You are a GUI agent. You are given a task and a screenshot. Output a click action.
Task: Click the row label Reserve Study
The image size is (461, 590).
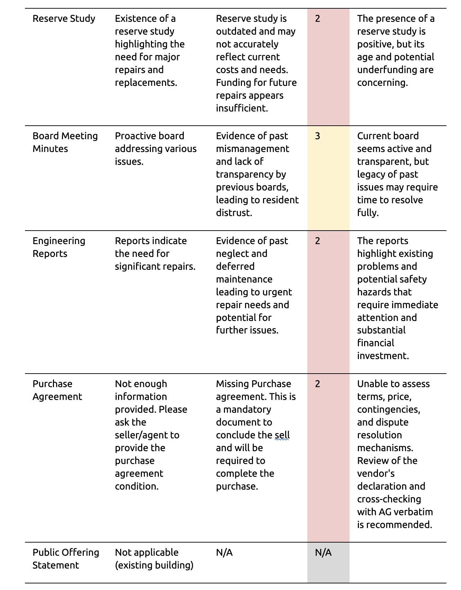64,18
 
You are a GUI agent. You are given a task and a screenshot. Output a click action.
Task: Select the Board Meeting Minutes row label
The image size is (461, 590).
65,142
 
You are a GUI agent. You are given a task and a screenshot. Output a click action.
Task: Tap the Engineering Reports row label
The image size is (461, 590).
59,247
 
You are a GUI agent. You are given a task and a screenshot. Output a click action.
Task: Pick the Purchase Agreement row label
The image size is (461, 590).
57,390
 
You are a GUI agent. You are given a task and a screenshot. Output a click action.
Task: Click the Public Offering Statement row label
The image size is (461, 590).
66,558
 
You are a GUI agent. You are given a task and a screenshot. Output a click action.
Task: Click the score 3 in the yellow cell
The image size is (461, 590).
317,136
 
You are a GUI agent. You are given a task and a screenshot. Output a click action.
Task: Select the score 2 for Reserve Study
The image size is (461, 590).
317,18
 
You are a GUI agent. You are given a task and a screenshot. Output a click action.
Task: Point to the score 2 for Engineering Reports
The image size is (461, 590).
317,241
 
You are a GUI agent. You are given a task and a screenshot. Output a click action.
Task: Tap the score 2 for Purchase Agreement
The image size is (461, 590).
317,384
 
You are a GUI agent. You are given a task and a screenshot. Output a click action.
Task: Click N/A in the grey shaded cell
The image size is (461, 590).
323,552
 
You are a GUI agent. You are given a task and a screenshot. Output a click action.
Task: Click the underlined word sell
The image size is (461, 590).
282,435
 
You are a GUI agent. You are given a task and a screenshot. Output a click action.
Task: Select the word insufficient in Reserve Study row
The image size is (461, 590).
242,108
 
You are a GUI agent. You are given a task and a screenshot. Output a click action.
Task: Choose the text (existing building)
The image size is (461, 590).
154,565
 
